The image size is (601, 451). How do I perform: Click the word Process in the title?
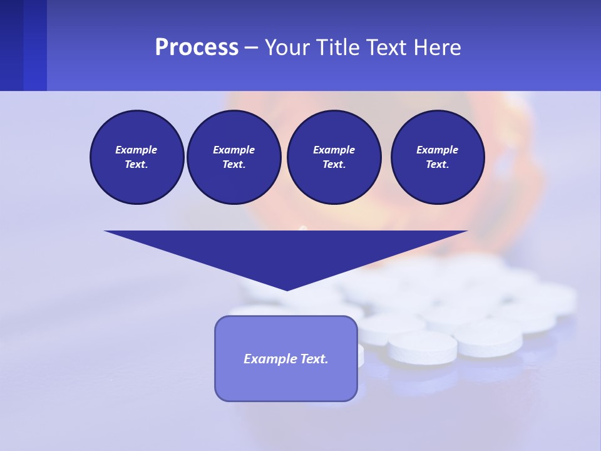197,48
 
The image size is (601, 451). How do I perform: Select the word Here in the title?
437,48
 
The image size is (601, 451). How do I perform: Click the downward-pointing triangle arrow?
287,251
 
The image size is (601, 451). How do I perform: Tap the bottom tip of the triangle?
287,289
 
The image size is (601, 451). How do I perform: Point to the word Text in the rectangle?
315,359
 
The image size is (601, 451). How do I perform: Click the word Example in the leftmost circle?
136,150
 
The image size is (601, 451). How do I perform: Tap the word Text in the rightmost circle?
437,164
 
